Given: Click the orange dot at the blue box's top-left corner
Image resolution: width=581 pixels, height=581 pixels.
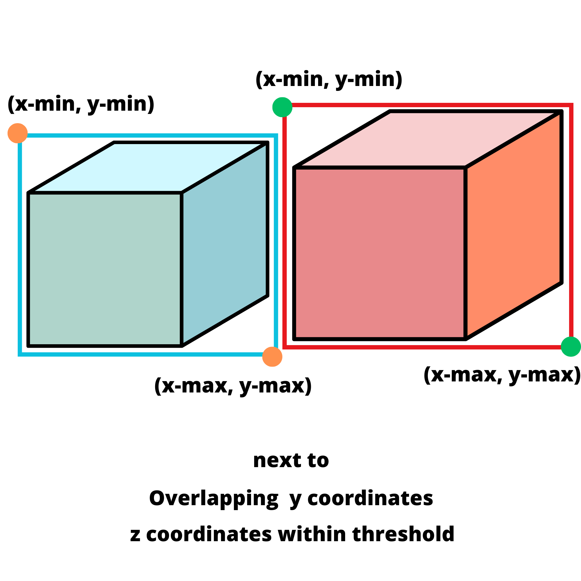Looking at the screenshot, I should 17,133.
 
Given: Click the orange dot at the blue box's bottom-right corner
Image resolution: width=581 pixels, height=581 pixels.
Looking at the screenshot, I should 272,357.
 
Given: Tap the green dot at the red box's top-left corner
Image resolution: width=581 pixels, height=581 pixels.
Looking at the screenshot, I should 282,107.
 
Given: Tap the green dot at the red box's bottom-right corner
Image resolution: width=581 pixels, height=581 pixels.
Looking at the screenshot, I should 571,347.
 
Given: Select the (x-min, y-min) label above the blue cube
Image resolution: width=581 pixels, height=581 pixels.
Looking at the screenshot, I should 81,104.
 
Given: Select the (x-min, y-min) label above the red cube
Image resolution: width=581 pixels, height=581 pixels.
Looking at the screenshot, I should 329,79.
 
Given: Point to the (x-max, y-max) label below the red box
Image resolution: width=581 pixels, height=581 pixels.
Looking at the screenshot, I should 502,375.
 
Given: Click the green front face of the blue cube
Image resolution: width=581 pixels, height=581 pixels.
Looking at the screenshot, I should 105,270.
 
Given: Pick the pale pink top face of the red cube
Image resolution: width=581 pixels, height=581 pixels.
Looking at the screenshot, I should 427,139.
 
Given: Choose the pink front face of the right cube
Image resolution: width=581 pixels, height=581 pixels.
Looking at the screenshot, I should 379,253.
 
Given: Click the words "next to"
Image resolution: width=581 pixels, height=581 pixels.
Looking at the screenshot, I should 291,460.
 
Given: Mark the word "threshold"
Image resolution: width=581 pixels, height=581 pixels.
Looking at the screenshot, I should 403,534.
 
